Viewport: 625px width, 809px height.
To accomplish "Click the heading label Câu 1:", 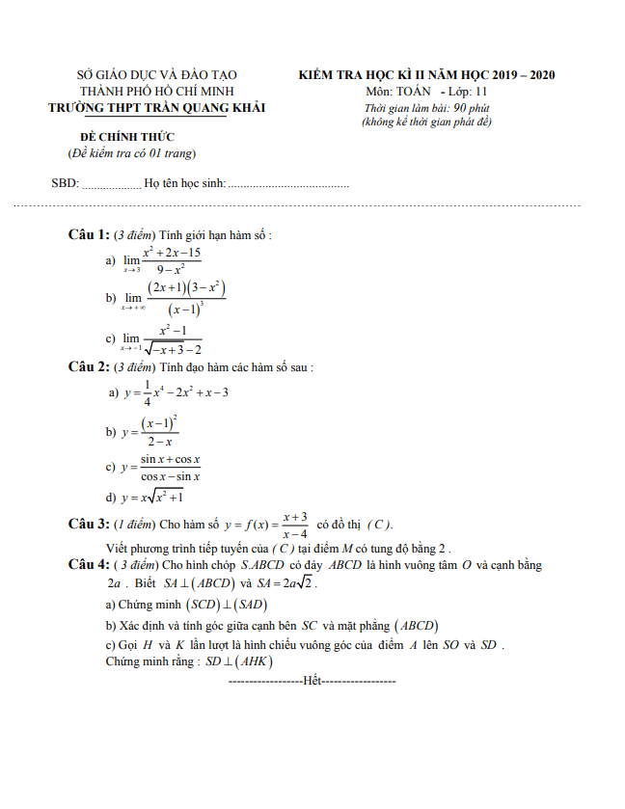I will pyautogui.click(x=88, y=234).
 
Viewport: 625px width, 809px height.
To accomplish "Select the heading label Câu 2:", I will pyautogui.click(x=88, y=367).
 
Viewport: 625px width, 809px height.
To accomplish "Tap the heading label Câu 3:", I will pyautogui.click(x=88, y=524).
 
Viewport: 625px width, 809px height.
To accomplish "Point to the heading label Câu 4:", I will pyautogui.click(x=88, y=564).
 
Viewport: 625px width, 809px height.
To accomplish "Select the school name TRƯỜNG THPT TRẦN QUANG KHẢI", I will pyautogui.click(x=157, y=108).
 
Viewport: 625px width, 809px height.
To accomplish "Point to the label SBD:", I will pyautogui.click(x=64, y=183).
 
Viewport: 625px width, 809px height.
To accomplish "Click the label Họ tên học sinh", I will pyautogui.click(x=183, y=183).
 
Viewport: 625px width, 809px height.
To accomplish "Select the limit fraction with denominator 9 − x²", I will pyautogui.click(x=171, y=261).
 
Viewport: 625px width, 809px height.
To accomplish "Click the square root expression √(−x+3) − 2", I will pyautogui.click(x=173, y=349).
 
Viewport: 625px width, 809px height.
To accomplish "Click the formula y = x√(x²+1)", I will pyautogui.click(x=150, y=498).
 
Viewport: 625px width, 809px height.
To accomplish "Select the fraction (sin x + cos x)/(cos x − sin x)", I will pyautogui.click(x=170, y=468).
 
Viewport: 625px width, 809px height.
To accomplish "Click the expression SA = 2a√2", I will pyautogui.click(x=287, y=583).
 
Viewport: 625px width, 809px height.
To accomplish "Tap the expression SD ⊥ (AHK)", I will pyautogui.click(x=238, y=661).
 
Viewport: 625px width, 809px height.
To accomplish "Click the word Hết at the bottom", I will pyautogui.click(x=311, y=681).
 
